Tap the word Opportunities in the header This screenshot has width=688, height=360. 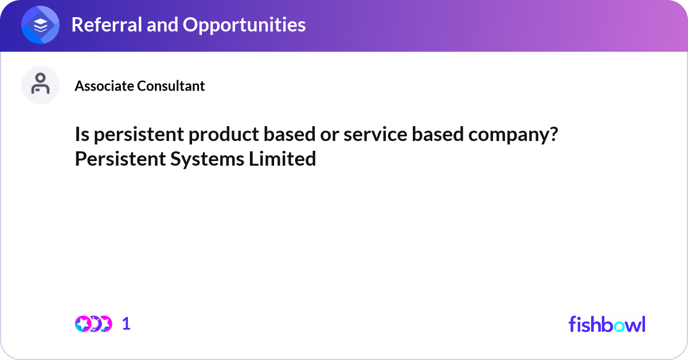(x=244, y=25)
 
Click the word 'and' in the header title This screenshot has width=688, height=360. (x=162, y=25)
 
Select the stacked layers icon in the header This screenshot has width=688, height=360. (x=40, y=25)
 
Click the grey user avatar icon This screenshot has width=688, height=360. (x=40, y=85)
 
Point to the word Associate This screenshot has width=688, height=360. (x=104, y=85)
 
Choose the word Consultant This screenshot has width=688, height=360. (x=171, y=85)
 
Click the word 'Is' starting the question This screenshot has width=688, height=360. (x=82, y=134)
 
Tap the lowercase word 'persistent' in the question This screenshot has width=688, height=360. (x=139, y=135)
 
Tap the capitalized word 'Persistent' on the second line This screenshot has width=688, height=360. (x=120, y=159)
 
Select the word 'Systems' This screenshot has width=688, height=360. (x=208, y=159)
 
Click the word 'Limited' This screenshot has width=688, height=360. (x=282, y=159)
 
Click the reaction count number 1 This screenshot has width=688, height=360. (x=126, y=324)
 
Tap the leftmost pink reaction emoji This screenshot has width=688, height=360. (x=83, y=324)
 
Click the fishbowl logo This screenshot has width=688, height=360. (x=607, y=324)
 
